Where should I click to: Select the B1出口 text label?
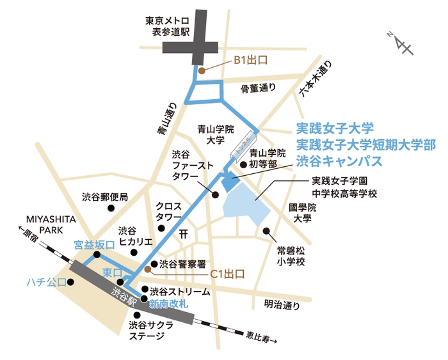(x=250, y=61)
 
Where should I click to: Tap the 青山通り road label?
(x=168, y=118)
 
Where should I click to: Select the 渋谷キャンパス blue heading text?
(x=338, y=160)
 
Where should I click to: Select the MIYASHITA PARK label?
(x=52, y=224)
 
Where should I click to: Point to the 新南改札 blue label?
(x=168, y=304)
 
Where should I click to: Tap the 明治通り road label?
(x=282, y=305)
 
